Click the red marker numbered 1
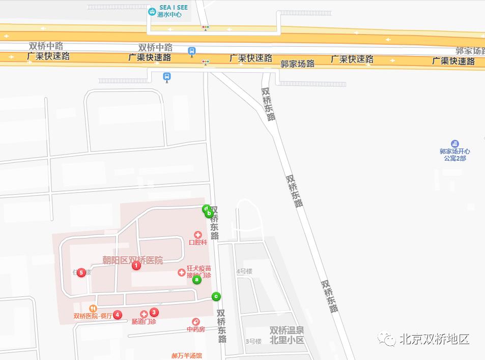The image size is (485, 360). point(136,265)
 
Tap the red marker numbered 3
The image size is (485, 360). point(154,312)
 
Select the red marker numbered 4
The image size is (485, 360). point(118,315)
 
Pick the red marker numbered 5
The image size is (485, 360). point(81,273)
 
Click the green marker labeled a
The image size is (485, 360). point(197,279)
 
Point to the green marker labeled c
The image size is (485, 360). point(216,296)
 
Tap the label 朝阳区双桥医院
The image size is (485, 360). point(132,260)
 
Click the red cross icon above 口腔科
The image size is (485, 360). point(198,235)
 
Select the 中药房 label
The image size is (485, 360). point(195,329)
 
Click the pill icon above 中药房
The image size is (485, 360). point(195,321)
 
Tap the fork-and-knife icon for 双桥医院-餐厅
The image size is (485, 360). point(93,308)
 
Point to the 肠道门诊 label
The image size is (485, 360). point(144,321)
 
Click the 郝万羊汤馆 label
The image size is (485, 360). point(186,355)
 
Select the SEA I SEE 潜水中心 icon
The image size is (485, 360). point(152,12)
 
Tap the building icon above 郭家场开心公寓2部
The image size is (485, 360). point(455,144)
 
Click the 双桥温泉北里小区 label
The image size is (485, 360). point(287,335)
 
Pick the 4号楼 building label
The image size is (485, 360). point(244,271)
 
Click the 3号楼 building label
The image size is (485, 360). point(253,341)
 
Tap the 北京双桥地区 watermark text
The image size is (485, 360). point(434,339)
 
